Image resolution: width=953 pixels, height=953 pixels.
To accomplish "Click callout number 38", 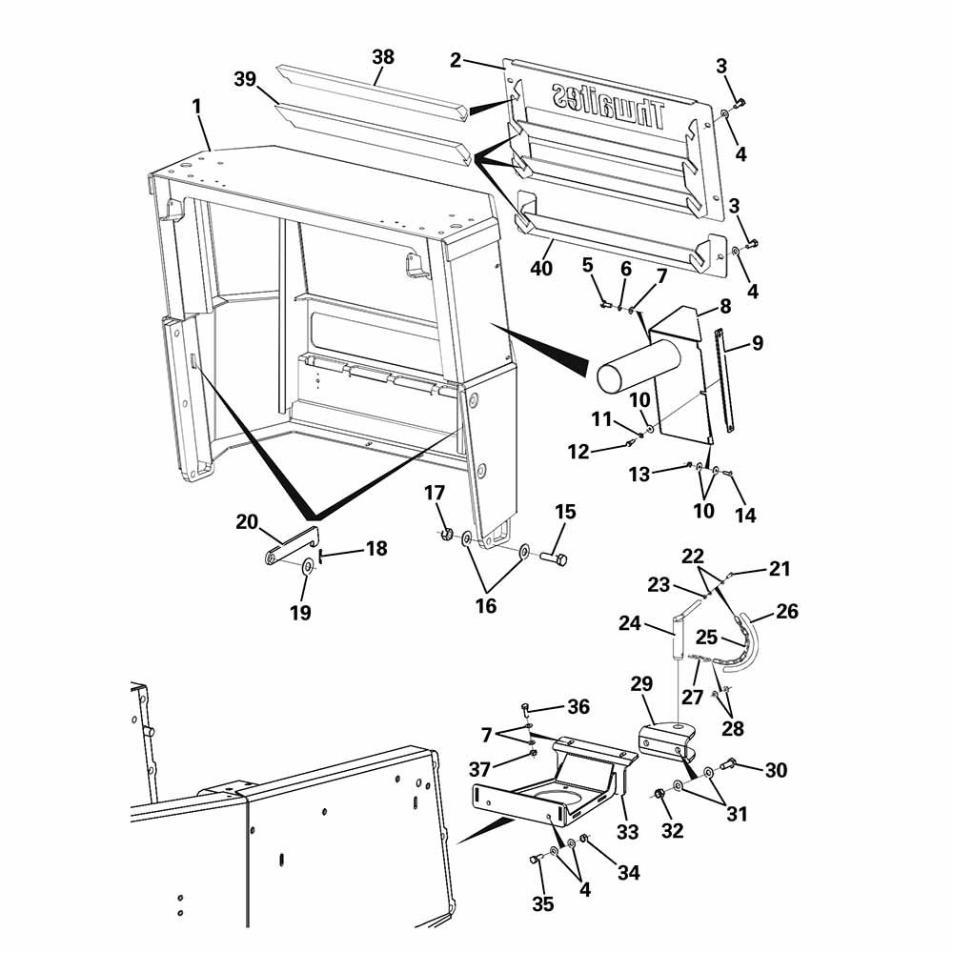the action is (x=383, y=57).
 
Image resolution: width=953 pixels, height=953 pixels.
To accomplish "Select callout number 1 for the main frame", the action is (x=196, y=107).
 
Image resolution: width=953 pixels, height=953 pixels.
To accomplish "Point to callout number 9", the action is (x=758, y=343).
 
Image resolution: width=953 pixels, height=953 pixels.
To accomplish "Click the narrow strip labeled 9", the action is (x=724, y=380).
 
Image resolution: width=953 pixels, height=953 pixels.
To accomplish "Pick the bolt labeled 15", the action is (x=553, y=557).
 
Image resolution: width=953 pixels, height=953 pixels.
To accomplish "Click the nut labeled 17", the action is (x=445, y=535).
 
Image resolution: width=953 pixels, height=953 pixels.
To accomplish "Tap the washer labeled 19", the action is (x=308, y=567).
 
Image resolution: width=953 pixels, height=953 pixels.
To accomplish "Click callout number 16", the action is (x=486, y=605).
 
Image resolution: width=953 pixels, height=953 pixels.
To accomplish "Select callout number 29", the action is (x=641, y=684).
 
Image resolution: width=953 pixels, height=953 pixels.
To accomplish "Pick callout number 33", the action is (x=627, y=831).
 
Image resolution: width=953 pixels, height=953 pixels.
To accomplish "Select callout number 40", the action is (x=541, y=268).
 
